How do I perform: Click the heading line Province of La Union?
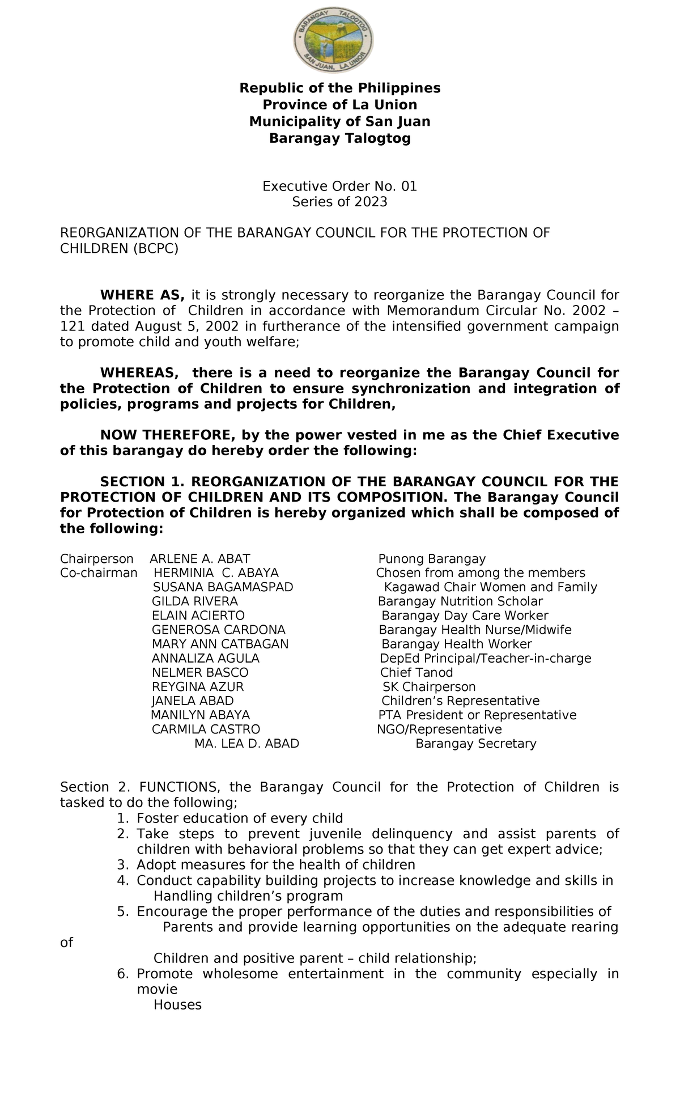[x=339, y=105]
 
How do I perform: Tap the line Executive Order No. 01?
[x=339, y=186]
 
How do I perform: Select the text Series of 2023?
[x=339, y=202]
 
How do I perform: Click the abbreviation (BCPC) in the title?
[x=155, y=249]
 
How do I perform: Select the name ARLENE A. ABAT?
[x=199, y=559]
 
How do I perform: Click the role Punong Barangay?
[x=432, y=559]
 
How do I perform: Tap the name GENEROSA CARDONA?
[x=218, y=630]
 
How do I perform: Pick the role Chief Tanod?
[x=416, y=673]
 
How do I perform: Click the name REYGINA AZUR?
[x=197, y=687]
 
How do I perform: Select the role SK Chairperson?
[x=429, y=687]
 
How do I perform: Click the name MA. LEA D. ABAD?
[x=246, y=744]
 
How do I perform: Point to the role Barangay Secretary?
[x=475, y=744]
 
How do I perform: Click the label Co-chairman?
[x=99, y=573]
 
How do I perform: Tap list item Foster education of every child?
[x=240, y=818]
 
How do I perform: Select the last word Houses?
[x=177, y=1005]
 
